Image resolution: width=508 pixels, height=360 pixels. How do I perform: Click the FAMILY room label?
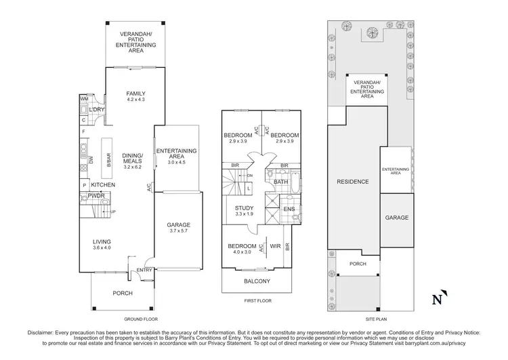pos(135,94)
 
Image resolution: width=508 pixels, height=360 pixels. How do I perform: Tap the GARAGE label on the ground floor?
pos(179,225)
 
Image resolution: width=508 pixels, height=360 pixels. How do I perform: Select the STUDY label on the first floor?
pos(244,208)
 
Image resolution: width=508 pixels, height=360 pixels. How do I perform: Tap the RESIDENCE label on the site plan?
pos(353,182)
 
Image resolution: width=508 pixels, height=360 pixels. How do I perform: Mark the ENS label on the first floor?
pos(288,209)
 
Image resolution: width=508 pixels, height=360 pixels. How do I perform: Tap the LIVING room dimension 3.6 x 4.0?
pos(103,248)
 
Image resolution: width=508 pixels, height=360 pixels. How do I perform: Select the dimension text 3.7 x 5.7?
pos(179,232)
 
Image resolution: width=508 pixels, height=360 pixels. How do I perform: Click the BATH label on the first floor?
pos(282,182)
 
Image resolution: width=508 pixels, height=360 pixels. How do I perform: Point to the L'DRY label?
pos(96,109)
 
